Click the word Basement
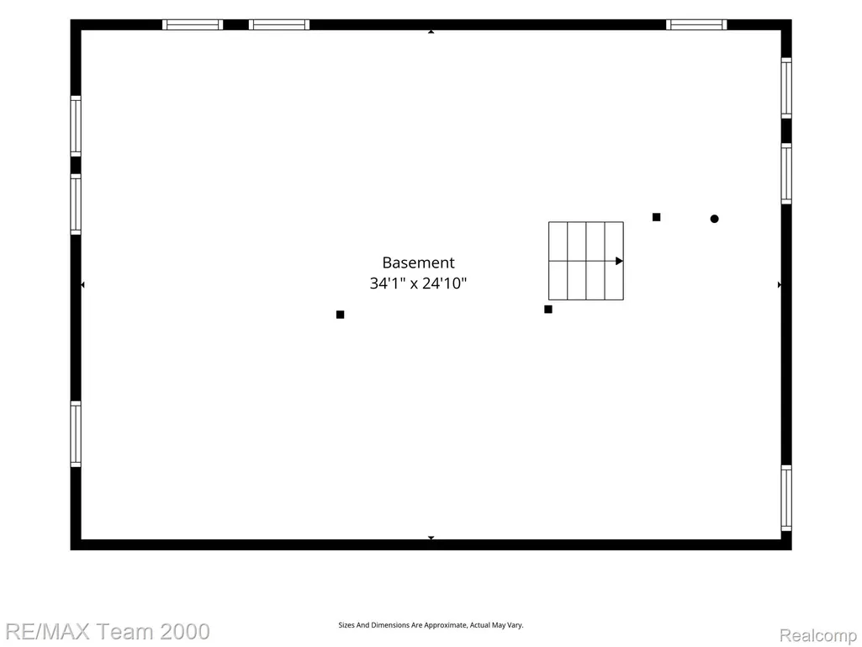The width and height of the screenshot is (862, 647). click(418, 263)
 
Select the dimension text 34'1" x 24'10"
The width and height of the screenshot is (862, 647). click(418, 284)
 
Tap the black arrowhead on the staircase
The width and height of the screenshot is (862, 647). click(619, 261)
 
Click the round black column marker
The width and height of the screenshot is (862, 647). click(714, 219)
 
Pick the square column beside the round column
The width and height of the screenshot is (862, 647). click(657, 217)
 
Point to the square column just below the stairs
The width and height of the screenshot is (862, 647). click(548, 309)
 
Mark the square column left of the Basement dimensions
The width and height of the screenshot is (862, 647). click(341, 315)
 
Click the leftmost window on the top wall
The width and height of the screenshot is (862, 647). click(193, 24)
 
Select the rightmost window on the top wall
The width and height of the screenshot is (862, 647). click(696, 24)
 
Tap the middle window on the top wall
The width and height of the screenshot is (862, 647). click(279, 24)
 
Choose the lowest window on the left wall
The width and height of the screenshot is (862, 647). click(76, 434)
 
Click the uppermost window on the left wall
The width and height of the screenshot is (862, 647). click(76, 126)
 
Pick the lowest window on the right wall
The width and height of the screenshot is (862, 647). click(786, 498)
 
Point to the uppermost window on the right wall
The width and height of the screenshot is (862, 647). click(786, 88)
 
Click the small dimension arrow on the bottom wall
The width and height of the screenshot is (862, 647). click(431, 538)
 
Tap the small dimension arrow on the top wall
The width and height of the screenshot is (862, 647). click(431, 32)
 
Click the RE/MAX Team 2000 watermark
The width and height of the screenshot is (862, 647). click(107, 632)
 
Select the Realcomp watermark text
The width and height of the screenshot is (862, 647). click(818, 635)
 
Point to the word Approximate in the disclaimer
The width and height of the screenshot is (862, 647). click(445, 625)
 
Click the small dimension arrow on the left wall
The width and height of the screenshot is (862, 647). click(82, 285)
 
